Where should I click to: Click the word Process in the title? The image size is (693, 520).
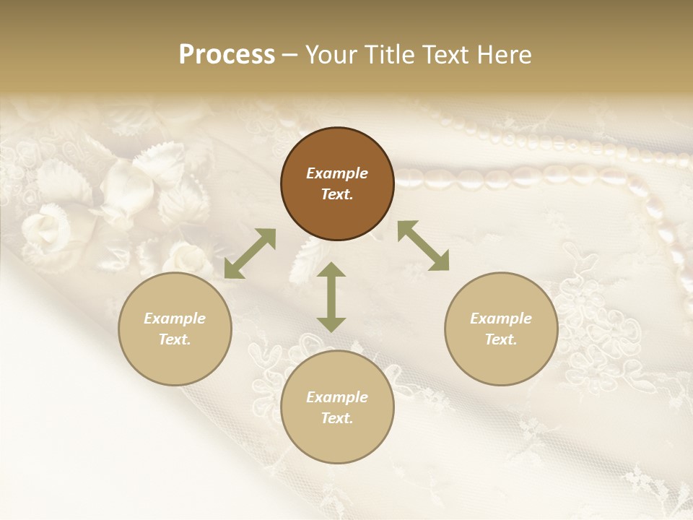click(227, 55)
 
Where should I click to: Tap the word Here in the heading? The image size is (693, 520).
click(505, 55)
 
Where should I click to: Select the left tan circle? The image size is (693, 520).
click(175, 329)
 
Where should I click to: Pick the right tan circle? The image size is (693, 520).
click(501, 329)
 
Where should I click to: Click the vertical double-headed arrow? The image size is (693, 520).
click(331, 298)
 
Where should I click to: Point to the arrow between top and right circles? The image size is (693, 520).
click(423, 246)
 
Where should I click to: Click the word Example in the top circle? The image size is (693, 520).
click(337, 173)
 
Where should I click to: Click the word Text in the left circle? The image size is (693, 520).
click(175, 339)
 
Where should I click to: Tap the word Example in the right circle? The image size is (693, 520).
click(501, 318)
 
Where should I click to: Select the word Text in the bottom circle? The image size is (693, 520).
click(337, 418)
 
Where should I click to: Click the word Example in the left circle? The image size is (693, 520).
click(175, 318)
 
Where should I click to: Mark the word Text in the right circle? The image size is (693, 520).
click(501, 339)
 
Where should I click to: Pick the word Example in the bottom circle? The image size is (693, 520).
click(337, 397)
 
